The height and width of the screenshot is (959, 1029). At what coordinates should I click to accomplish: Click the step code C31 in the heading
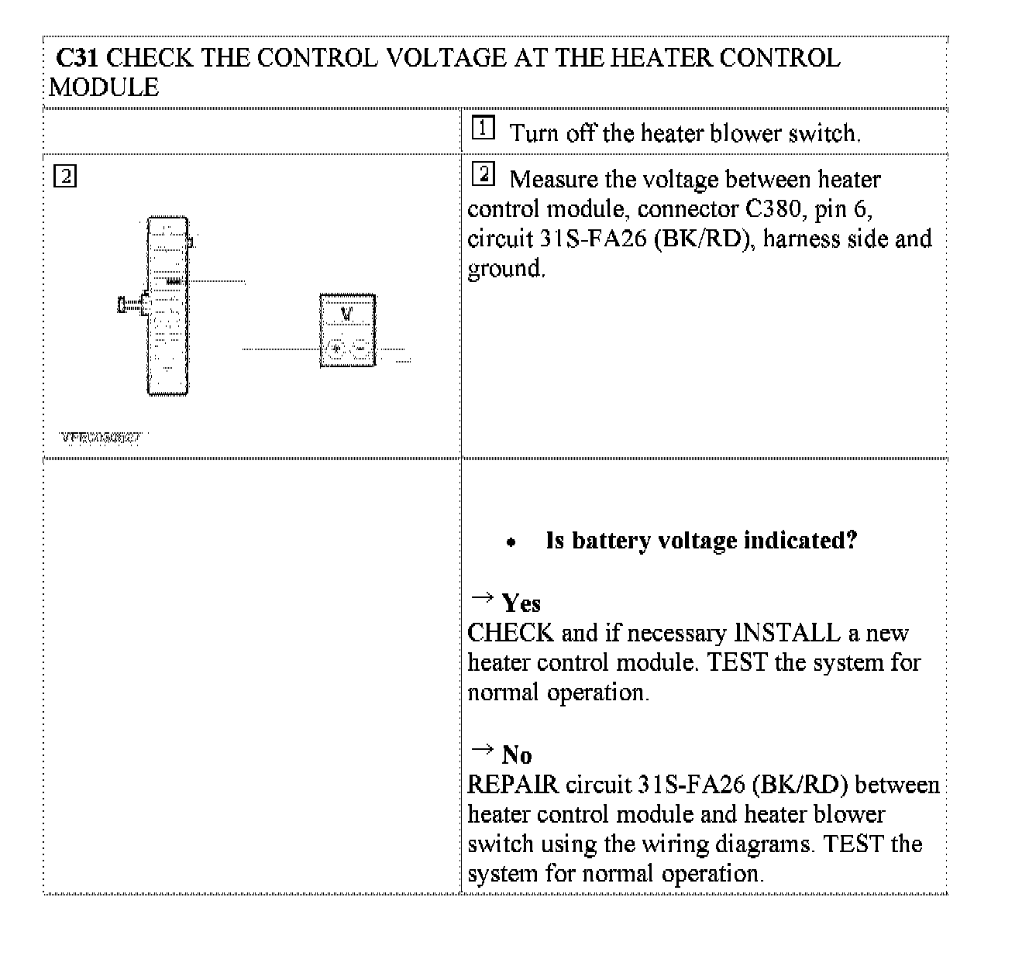pos(77,58)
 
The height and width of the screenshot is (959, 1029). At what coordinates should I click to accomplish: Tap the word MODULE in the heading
pos(104,88)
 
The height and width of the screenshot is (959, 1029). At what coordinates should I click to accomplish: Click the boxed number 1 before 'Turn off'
pos(483,128)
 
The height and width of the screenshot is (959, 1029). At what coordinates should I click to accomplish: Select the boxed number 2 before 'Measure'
pos(483,174)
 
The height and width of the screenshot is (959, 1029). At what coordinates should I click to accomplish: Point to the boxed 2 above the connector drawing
pos(65,177)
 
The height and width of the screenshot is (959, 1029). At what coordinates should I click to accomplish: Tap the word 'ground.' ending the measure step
pos(507,269)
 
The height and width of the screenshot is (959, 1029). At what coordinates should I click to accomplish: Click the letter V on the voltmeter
pos(346,314)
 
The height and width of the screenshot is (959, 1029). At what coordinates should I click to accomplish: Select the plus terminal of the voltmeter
pos(335,348)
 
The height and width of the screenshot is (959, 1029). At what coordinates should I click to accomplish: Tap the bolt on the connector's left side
pos(130,305)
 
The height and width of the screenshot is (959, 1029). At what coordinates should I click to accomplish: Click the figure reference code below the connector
pos(101,438)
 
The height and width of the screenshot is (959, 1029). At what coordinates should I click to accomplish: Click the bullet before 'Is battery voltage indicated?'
pos(511,543)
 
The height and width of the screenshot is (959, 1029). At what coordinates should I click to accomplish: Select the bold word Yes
pos(521,603)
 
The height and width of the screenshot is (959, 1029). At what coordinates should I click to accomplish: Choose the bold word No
pos(517,755)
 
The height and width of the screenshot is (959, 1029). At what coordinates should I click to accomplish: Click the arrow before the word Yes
pos(482,597)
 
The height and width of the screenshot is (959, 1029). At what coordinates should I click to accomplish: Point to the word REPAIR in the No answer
pos(513,785)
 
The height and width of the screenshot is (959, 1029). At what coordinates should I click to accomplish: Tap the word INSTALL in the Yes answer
pos(787,634)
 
